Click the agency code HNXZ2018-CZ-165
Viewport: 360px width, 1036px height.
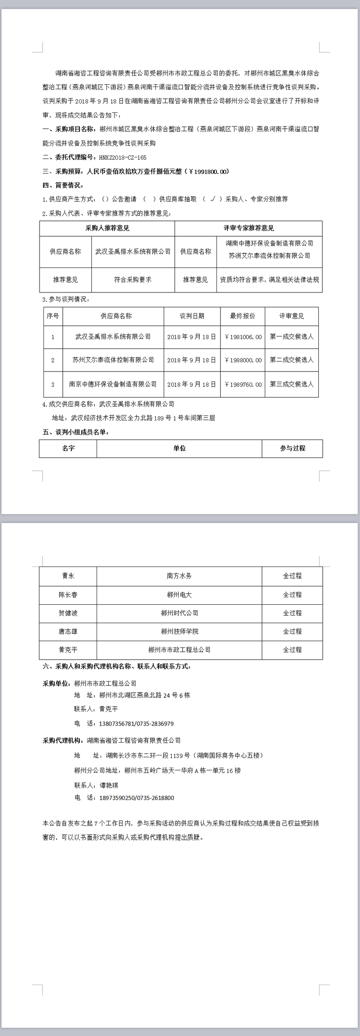coord(122,158)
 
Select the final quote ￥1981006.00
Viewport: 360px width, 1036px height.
coord(243,337)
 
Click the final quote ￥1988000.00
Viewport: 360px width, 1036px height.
coord(243,360)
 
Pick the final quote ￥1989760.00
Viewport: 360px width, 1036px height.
coord(243,385)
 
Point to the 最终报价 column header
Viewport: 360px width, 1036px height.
coord(243,316)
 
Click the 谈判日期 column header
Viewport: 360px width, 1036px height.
coord(192,316)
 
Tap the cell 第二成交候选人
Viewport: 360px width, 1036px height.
coord(292,360)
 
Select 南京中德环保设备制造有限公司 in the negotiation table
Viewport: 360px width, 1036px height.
coord(113,384)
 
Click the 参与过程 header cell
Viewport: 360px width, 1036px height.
coord(292,448)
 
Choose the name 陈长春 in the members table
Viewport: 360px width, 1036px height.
coord(68,595)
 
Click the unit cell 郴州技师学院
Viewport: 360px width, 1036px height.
coord(179,632)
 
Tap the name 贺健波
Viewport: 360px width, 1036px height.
coord(68,614)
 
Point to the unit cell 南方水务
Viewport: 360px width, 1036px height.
coord(179,576)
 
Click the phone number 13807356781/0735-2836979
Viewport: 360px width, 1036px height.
coord(136,724)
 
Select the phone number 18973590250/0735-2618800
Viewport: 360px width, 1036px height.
coord(136,798)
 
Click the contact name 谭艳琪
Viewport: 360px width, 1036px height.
coord(109,785)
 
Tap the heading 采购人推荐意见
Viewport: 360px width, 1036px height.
coord(107,228)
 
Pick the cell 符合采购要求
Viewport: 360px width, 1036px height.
coord(133,280)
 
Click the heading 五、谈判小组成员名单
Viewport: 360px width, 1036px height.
coord(76,432)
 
